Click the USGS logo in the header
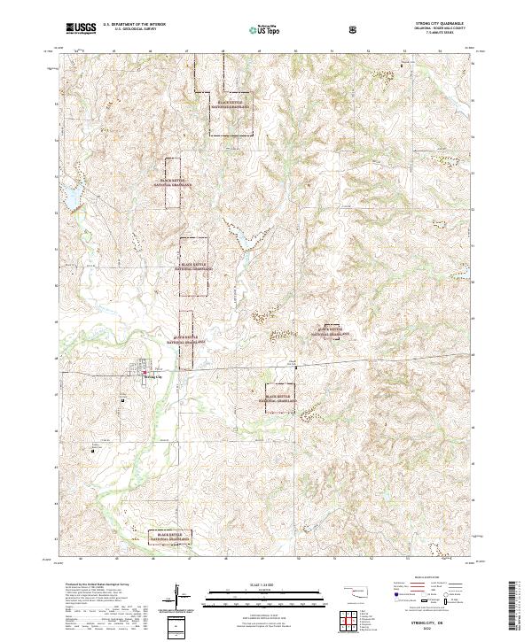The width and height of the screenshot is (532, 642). coord(81,28)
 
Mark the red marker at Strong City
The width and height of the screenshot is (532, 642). coord(146,373)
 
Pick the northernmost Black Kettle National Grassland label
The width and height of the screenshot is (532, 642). coord(229,104)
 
